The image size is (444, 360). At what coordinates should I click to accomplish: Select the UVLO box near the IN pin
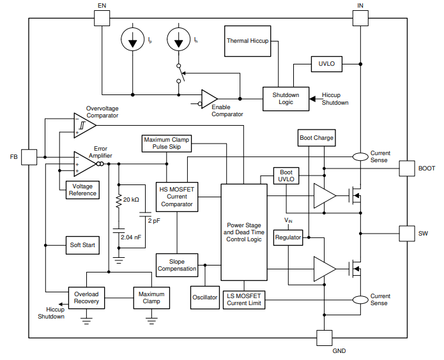click(326, 64)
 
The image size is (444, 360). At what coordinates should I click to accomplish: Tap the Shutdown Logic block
click(285, 99)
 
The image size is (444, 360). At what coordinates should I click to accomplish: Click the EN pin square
click(102, 17)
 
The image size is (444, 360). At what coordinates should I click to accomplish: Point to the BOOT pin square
click(408, 169)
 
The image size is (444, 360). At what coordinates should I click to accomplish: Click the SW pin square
click(408, 234)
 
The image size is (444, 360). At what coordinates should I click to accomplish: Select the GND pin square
click(325, 338)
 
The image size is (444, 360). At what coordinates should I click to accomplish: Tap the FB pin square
click(29, 157)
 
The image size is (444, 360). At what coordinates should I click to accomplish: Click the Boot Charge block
click(316, 138)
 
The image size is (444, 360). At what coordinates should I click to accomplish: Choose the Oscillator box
click(205, 297)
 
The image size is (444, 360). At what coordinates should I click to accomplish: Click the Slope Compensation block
click(177, 264)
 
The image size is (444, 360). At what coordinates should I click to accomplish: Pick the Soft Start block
click(83, 245)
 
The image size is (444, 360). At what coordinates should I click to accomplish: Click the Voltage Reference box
click(82, 190)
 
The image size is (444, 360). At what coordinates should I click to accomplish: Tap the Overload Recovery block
click(86, 298)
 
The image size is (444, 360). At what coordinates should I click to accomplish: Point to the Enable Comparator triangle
click(209, 99)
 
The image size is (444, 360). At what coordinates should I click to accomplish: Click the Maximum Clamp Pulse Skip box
click(167, 144)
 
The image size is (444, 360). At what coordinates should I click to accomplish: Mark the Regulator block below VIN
click(287, 237)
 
